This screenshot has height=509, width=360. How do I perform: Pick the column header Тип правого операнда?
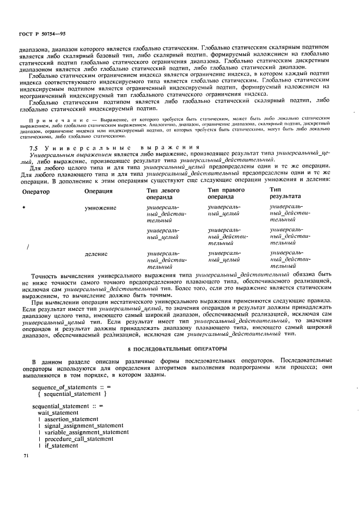(226, 194)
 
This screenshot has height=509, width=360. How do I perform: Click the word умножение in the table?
(102, 208)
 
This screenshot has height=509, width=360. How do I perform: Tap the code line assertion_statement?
(71, 419)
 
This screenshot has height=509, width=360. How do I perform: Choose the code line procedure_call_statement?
(79, 439)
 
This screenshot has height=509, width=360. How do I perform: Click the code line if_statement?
(61, 445)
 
